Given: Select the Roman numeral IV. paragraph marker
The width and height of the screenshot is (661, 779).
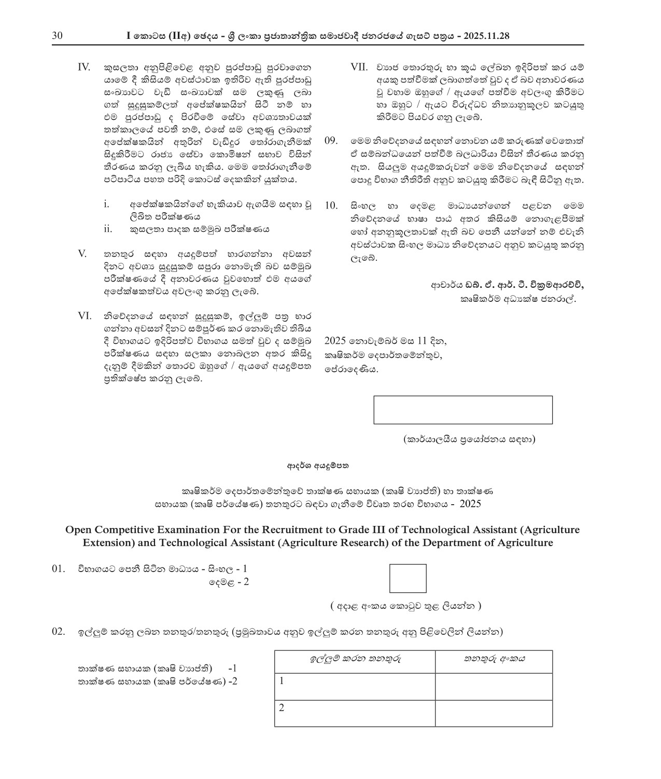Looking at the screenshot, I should pyautogui.click(x=83, y=67).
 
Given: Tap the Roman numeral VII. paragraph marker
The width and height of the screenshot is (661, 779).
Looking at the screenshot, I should pyautogui.click(x=359, y=67).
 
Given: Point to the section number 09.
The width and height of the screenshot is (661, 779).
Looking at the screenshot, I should pyautogui.click(x=331, y=141).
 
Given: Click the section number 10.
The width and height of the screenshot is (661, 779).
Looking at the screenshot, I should pyautogui.click(x=331, y=205).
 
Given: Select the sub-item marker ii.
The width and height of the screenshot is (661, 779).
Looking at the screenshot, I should pyautogui.click(x=108, y=229).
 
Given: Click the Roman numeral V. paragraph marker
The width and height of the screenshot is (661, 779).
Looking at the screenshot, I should pyautogui.click(x=82, y=254).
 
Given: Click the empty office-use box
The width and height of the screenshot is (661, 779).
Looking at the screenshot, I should pyautogui.click(x=462, y=410).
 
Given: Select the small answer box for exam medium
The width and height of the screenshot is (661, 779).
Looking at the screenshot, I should pyautogui.click(x=407, y=578).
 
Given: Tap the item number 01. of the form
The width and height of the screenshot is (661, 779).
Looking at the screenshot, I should pyautogui.click(x=59, y=569).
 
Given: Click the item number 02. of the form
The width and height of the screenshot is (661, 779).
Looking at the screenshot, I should pyautogui.click(x=59, y=632).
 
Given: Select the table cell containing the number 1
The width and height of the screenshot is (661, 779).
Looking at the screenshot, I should pyautogui.click(x=355, y=686).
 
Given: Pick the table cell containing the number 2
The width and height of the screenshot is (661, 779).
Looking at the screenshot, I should pyautogui.click(x=355, y=713).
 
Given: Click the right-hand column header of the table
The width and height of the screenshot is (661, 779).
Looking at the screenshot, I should pyautogui.click(x=494, y=659).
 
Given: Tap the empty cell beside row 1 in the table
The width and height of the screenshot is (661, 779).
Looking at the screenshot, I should pyautogui.click(x=494, y=686).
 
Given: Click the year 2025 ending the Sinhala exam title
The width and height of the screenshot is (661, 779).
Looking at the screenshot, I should pyautogui.click(x=470, y=504).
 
